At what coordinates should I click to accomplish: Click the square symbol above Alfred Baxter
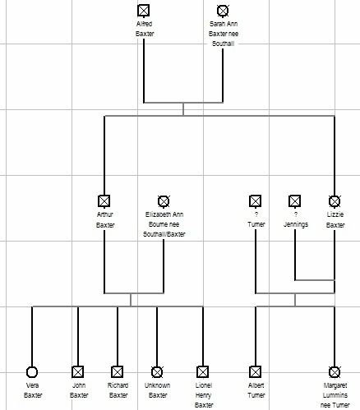click(144, 11)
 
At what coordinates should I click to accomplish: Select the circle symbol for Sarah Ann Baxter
click(223, 11)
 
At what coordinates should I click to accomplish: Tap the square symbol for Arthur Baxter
click(104, 201)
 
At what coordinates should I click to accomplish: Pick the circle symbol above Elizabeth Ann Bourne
click(164, 201)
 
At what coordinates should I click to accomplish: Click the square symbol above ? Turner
click(256, 201)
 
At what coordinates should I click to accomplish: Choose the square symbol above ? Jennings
click(295, 201)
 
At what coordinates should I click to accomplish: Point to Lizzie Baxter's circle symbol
click(335, 201)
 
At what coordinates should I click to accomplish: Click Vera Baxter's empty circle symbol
click(32, 372)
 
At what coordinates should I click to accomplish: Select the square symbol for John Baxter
click(78, 372)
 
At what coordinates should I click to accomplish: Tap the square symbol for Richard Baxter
click(118, 372)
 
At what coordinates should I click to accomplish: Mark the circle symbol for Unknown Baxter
click(157, 372)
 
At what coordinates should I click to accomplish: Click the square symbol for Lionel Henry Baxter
click(203, 372)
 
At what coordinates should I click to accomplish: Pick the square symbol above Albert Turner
click(256, 372)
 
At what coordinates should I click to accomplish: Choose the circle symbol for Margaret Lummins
click(335, 372)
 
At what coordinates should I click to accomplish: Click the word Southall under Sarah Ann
click(223, 44)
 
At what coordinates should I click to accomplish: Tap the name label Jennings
click(296, 224)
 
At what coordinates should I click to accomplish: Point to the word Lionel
click(204, 385)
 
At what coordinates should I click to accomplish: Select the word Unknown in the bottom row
click(157, 385)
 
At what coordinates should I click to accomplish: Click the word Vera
click(32, 385)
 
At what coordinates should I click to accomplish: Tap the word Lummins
click(335, 395)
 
